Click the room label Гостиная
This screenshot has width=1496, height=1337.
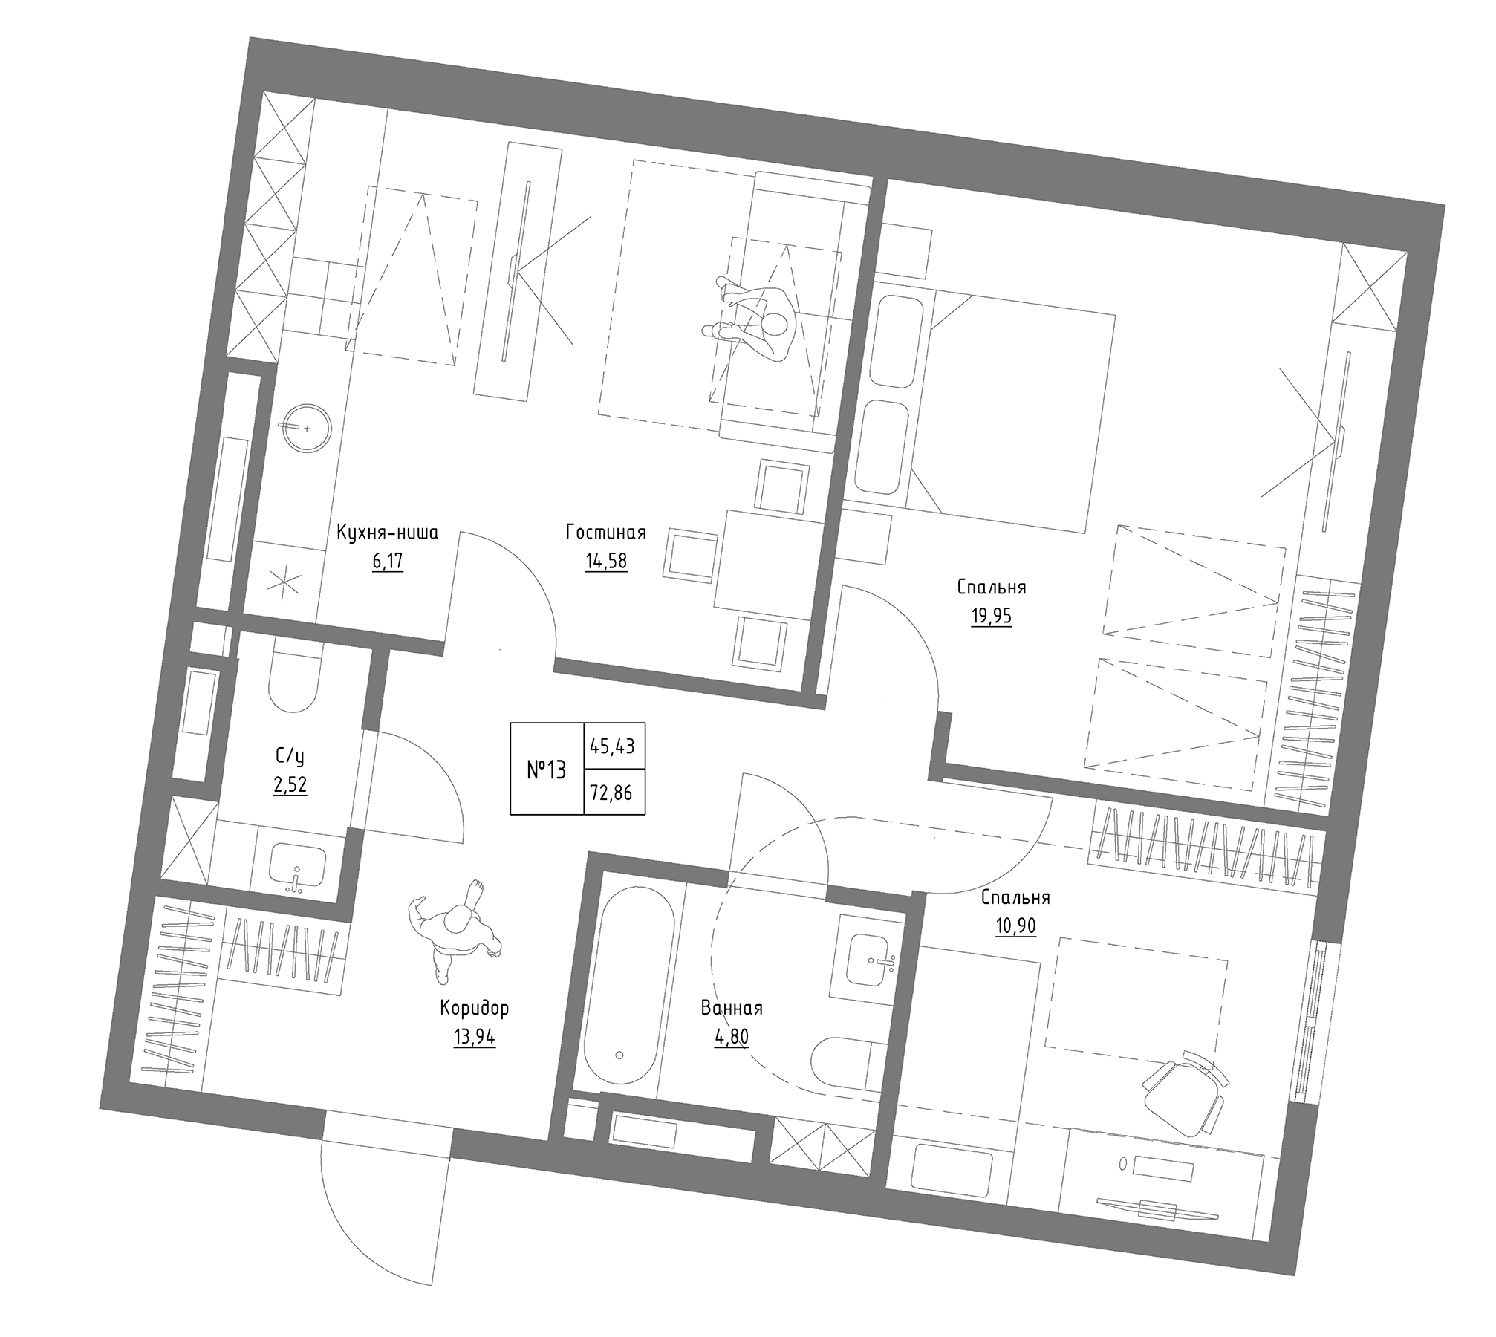coord(605,533)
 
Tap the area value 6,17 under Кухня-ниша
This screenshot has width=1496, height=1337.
coord(387,561)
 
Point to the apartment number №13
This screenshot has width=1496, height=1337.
coord(547,770)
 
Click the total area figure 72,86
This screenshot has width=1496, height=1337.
coord(611,793)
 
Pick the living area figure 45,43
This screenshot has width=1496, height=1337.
coord(612,745)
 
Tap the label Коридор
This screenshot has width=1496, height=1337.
coord(475,1008)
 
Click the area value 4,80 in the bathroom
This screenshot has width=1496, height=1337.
coord(732,1036)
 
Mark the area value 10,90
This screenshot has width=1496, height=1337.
coord(1015,926)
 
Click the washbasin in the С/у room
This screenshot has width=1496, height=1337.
coord(297,867)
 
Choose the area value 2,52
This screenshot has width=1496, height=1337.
coord(290,785)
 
